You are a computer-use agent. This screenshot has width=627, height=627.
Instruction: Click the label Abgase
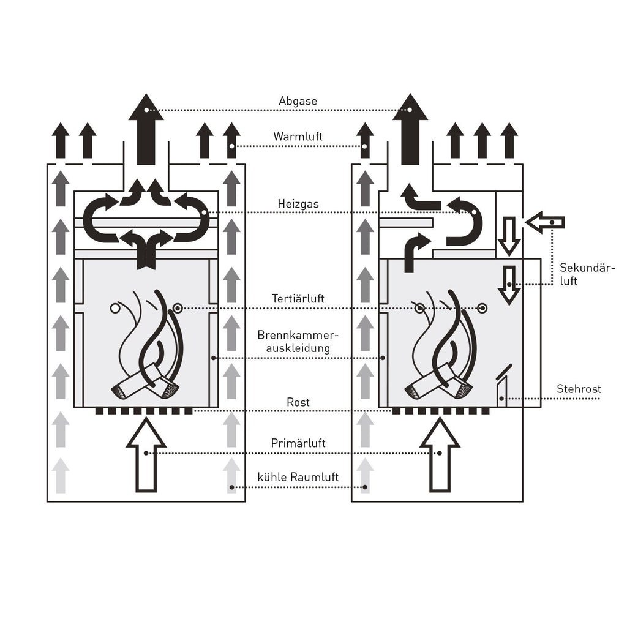pyautogui.click(x=298, y=101)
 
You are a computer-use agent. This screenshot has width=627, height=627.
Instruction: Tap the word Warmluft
pyautogui.click(x=298, y=137)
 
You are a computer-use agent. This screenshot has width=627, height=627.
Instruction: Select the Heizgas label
pyautogui.click(x=298, y=205)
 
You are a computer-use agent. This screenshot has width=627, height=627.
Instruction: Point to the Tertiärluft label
pyautogui.click(x=298, y=299)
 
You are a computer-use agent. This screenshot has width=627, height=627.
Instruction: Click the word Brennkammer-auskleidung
pyautogui.click(x=298, y=341)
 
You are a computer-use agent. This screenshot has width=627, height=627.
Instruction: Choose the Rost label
pyautogui.click(x=298, y=402)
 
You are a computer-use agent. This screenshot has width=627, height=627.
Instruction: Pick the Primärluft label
pyautogui.click(x=298, y=443)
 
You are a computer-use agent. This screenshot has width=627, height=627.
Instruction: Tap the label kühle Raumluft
pyautogui.click(x=298, y=477)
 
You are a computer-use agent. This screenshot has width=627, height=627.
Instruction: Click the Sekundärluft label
pyautogui.click(x=587, y=274)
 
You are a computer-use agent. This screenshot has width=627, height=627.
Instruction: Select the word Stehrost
pyautogui.click(x=579, y=389)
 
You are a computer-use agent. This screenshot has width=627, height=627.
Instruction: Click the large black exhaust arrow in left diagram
pyautogui.click(x=146, y=129)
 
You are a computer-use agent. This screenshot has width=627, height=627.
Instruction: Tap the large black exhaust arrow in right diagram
pyautogui.click(x=410, y=129)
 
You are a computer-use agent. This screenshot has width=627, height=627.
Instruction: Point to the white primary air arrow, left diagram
pyautogui.click(x=146, y=454)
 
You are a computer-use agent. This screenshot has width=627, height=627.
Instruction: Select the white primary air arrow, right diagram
pyautogui.click(x=440, y=454)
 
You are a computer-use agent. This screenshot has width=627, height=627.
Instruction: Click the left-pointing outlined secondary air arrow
pyautogui.click(x=544, y=222)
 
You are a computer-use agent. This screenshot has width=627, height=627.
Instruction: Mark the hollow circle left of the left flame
pyautogui.click(x=115, y=309)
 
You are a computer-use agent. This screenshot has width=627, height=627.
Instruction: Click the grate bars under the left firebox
pyautogui.click(x=144, y=411)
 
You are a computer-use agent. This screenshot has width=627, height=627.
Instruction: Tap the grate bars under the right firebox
pyautogui.click(x=441, y=411)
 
